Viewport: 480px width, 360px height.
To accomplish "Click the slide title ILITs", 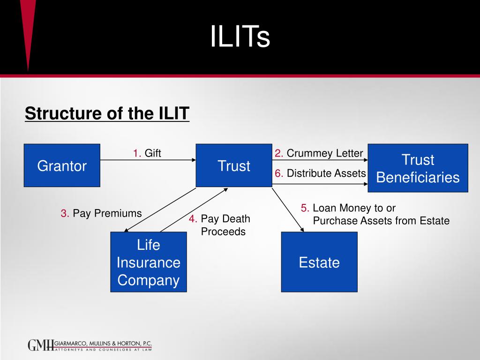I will coord(240,37).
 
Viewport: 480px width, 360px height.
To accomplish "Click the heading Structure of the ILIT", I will coord(107,113).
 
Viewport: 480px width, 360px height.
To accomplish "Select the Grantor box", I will coord(62,165).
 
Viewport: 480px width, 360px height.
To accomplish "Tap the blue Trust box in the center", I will coord(234,165).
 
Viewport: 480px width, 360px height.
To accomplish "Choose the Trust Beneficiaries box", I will coord(418,168).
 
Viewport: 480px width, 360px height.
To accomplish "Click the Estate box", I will coord(319,262).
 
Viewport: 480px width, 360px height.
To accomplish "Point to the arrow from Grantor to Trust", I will coord(148,160).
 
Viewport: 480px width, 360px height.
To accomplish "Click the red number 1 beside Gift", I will coord(137,153).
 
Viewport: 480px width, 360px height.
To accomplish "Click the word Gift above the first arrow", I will coord(153,153).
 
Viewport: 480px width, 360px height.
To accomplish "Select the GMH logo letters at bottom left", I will coord(41,345).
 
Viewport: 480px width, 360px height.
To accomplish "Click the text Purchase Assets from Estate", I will coord(381,221).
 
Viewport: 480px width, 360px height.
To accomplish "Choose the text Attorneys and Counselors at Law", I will coord(104,349).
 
